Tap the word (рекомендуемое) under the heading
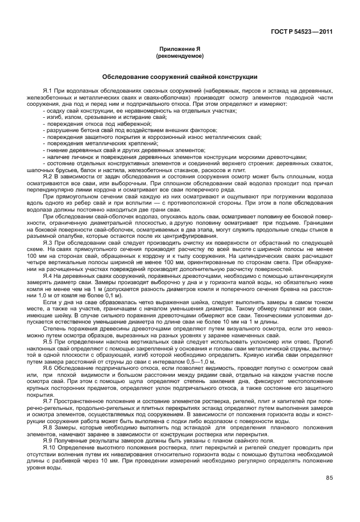[179, 58]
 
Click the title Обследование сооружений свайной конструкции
[179, 77]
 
